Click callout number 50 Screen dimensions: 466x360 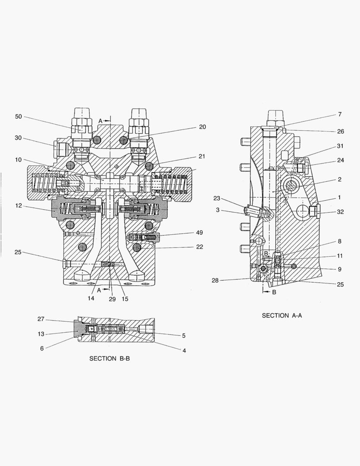point(18,116)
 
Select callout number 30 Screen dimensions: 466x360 point(18,138)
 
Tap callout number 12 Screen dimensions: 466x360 point(18,206)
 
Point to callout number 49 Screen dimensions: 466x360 point(199,233)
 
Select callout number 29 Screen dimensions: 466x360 point(112,299)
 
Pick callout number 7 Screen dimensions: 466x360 point(339,114)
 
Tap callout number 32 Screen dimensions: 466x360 point(341,212)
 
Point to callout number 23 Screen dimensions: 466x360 point(216,198)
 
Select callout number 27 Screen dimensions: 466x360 point(41,319)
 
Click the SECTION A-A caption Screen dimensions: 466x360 point(282,315)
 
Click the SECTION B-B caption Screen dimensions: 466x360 point(109,358)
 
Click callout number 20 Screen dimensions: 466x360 point(203,127)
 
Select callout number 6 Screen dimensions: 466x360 point(42,348)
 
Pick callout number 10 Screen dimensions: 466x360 point(18,160)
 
